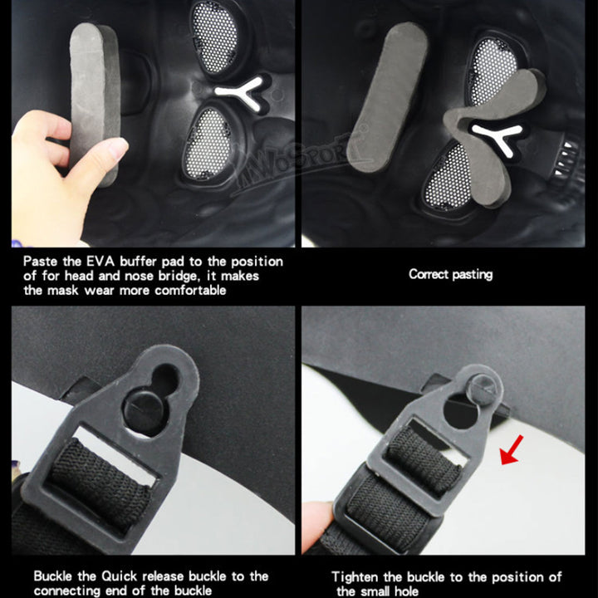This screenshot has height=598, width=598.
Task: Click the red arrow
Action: point(512,450)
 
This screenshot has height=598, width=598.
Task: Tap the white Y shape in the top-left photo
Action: point(240,93)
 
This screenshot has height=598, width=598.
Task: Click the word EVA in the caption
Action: point(100,262)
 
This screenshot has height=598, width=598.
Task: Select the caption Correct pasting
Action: point(450,274)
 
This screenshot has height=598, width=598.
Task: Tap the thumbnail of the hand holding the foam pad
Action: point(153,123)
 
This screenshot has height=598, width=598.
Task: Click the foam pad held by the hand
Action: point(95,103)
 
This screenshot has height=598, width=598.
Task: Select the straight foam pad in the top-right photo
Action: point(388,96)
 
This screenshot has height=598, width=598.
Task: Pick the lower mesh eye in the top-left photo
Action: point(208,144)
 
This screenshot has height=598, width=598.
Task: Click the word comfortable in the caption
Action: point(190,291)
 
